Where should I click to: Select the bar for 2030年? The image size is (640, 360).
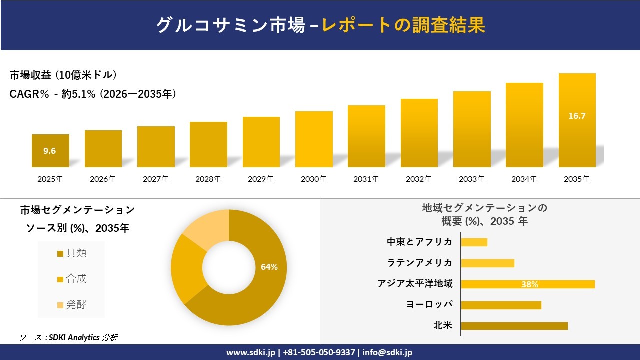pos(314,139)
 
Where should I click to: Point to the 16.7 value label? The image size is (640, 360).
pos(577,116)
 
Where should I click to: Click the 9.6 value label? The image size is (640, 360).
pos(49,151)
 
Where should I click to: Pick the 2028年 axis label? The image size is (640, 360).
pos(208,179)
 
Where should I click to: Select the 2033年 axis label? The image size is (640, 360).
pos(471,179)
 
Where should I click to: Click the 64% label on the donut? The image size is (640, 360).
pos(269,267)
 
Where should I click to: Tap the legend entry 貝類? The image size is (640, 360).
pos(72,253)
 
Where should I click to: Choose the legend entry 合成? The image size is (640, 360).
pos(72,279)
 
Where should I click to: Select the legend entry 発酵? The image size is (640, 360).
pos(72,305)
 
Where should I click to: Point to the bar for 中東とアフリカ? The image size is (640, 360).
pos(474,242)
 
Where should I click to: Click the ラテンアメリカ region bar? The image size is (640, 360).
pos(487,263)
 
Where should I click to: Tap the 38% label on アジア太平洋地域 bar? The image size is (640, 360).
pos(529,284)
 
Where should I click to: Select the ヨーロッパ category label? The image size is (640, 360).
pos(429,305)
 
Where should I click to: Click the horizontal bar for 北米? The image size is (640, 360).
pos(514,326)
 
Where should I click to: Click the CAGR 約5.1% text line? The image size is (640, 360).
pos(93,94)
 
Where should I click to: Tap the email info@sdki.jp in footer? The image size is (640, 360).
pos(387,352)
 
